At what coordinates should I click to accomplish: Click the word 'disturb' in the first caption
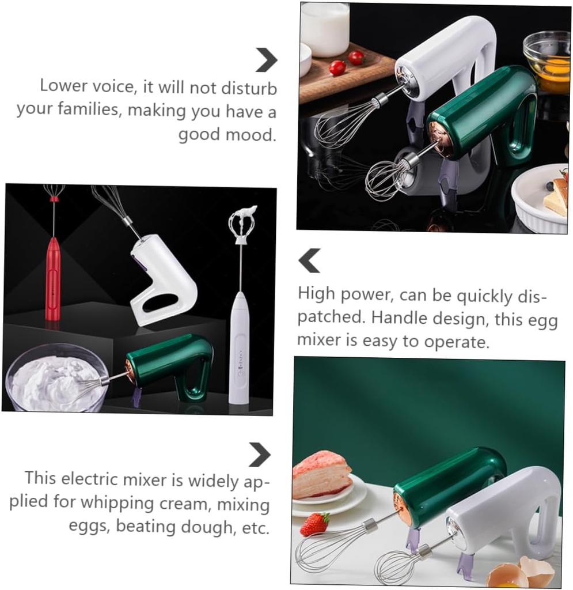tap(249, 88)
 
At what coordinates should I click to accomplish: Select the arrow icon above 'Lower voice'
tap(266, 59)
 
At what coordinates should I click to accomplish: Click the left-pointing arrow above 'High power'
tap(309, 260)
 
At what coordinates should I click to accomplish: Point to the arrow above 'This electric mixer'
tap(260, 454)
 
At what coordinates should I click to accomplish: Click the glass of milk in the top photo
tap(324, 29)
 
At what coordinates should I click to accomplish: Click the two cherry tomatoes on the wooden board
tap(346, 62)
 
